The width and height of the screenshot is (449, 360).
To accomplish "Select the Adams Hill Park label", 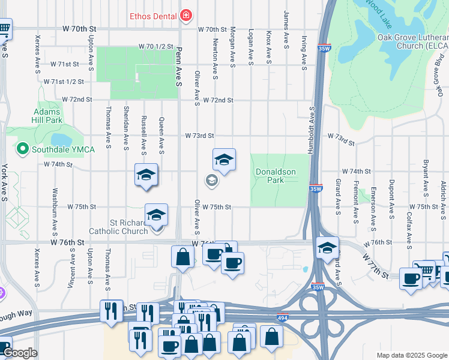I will (48, 116).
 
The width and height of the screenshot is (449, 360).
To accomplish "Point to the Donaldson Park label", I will (276, 176).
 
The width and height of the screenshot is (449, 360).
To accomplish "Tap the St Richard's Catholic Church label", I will (118, 226).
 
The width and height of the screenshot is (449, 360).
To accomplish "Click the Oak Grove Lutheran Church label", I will (413, 41).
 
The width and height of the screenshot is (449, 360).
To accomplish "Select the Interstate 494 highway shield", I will (282, 317).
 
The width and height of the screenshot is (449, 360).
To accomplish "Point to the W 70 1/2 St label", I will (155, 46).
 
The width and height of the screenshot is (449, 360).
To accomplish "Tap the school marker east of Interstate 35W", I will (327, 247).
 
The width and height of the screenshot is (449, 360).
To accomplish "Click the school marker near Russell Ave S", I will (146, 175).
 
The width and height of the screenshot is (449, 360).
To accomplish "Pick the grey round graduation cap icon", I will (211, 179).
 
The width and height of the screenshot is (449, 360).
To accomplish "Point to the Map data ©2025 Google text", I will (411, 355).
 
